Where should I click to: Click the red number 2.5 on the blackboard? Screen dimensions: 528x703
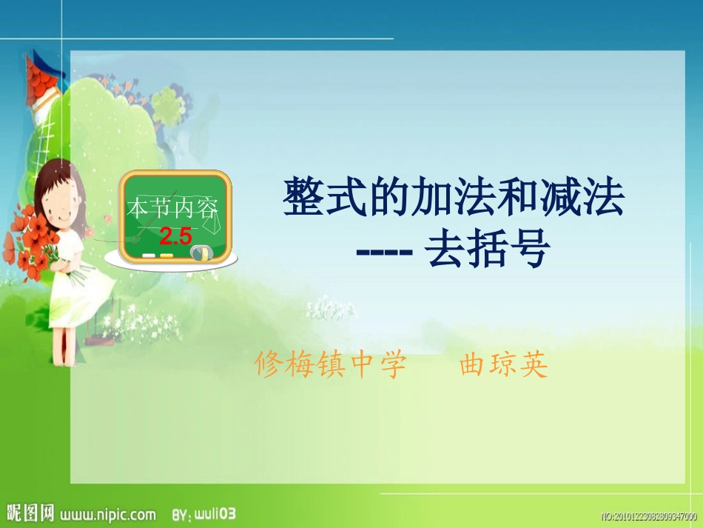tap(175, 237)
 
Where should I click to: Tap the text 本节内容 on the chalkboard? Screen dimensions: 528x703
tap(174, 208)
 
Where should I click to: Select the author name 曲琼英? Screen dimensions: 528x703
tap(504, 365)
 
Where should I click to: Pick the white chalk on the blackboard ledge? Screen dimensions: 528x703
tap(149, 255)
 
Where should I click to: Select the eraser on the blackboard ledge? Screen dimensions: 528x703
tap(201, 253)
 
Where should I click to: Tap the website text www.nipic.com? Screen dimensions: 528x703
tap(107, 514)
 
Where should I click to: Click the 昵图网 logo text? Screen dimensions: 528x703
tap(30, 512)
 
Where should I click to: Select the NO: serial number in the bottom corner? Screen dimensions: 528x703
tap(648, 516)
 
